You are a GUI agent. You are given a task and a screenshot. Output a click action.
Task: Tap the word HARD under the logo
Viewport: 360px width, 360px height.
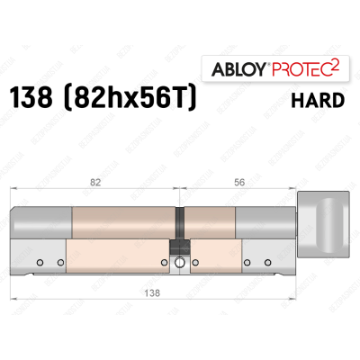tap(319, 98)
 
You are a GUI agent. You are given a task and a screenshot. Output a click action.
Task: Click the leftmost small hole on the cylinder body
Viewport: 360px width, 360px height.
tap(40, 263)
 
